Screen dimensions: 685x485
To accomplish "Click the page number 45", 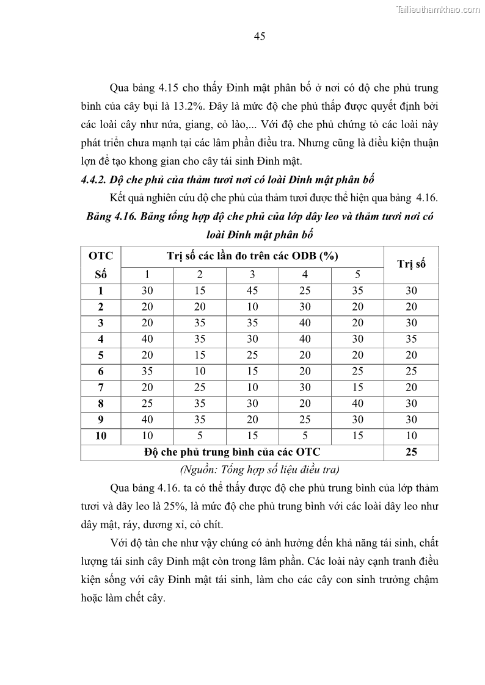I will pos(259,37).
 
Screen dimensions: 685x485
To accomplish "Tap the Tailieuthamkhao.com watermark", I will pos(438,9).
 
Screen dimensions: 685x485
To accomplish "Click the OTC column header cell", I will pos(101,256).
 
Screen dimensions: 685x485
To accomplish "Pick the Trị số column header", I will pos(411,264).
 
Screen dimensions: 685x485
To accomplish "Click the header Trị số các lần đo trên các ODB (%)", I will pos(252,256).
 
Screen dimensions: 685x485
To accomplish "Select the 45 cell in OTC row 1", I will pos(252,291).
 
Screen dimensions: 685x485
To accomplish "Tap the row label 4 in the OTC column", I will pos(101,339).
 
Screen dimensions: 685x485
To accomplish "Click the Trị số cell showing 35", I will pos(411,339).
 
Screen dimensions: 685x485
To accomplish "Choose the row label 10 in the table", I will pos(101,436).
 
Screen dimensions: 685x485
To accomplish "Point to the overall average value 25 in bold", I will pos(411,452).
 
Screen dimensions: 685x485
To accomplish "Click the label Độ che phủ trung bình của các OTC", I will pos(232,452).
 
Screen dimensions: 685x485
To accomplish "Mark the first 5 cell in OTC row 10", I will pos(200,436).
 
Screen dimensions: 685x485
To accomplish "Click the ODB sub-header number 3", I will pos(252,274).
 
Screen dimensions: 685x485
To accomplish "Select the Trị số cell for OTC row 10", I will pos(411,436).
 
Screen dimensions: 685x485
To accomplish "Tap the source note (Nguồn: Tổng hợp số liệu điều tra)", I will pos(259,469).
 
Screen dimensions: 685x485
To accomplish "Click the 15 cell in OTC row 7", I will pos(357,387).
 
